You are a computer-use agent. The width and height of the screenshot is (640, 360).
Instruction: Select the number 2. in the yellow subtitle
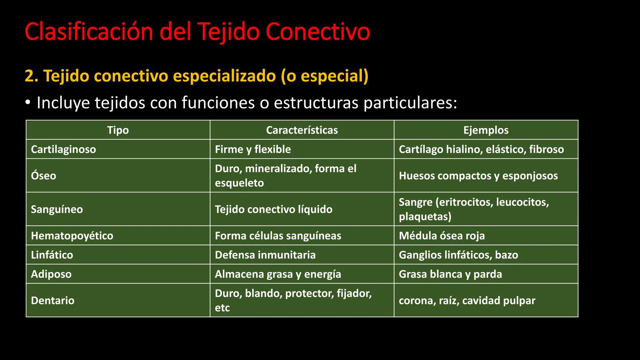31,76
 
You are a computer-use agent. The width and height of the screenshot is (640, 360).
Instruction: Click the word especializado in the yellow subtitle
224,76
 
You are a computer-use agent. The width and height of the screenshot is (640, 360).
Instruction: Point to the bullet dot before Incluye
28,103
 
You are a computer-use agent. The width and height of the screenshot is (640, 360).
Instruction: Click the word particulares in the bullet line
410,103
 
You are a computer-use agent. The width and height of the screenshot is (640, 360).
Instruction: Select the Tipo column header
118,130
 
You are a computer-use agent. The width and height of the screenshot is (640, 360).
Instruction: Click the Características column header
302,130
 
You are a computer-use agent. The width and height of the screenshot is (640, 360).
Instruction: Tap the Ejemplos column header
486,130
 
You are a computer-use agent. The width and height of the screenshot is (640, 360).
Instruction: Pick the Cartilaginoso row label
63,149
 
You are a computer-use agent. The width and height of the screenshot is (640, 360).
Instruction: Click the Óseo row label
44,176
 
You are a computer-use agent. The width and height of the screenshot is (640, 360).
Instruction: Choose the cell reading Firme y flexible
253,149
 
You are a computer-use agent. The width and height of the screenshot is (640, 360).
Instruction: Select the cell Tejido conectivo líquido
273,209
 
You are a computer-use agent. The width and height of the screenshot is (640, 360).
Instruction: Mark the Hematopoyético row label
72,236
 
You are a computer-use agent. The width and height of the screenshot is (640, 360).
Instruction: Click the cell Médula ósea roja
442,236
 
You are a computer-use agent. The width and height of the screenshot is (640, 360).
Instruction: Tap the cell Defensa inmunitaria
265,255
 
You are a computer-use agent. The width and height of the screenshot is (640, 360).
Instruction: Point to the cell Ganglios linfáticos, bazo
458,255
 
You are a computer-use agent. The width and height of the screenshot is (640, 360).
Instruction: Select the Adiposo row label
51,274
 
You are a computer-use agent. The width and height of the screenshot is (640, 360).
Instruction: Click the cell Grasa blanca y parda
450,274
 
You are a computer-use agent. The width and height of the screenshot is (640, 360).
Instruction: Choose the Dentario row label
53,300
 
